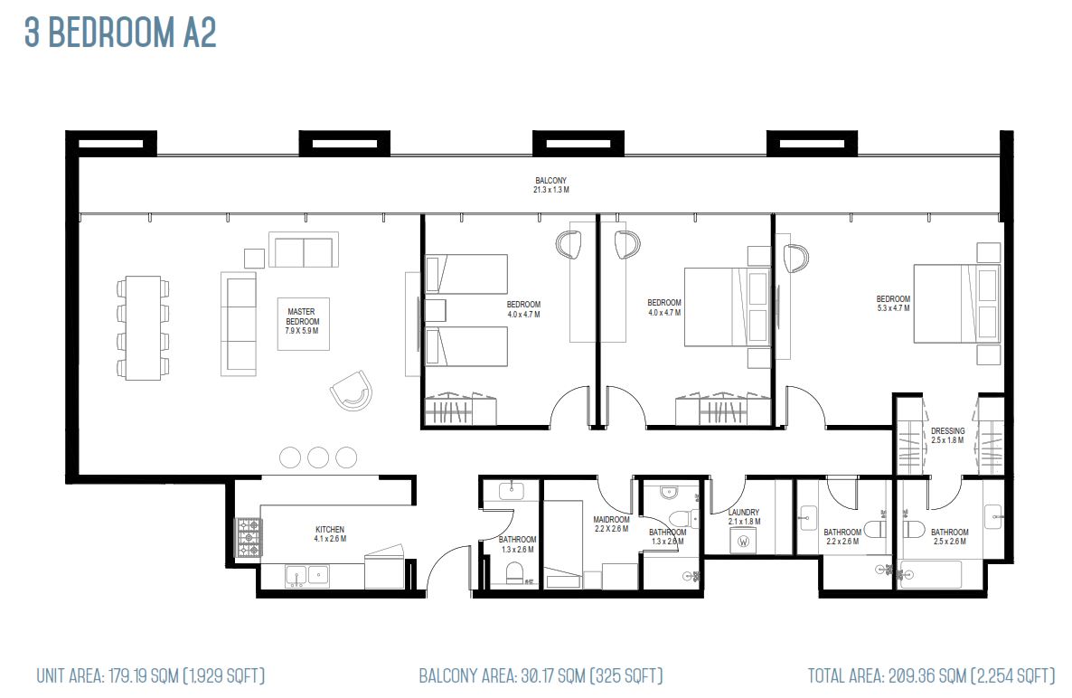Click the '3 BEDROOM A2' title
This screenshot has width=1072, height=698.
pos(120,33)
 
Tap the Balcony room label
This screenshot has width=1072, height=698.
pos(551,185)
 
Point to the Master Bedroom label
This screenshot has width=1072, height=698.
pos(302,321)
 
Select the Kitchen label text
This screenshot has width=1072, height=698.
pos(330,534)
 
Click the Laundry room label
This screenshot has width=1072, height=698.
pos(744,517)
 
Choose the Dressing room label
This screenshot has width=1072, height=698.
pos(947,436)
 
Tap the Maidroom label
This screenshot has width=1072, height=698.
pos(611,523)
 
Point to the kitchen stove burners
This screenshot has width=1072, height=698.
pos(249,537)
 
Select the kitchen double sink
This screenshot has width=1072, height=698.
pos(306,576)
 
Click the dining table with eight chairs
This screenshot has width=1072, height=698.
pos(143,328)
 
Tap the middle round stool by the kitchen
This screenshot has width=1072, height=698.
pos(318,457)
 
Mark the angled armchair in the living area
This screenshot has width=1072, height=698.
pos(352,391)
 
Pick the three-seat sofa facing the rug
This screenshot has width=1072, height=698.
pos(239,324)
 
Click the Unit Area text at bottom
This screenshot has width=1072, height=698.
pos(150,676)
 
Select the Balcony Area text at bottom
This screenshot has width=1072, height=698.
pos(541,676)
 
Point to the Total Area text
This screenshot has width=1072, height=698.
pos(931,676)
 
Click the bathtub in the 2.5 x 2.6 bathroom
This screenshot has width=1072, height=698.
pos(931,574)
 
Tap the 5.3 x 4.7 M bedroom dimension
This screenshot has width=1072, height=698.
pos(893,308)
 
